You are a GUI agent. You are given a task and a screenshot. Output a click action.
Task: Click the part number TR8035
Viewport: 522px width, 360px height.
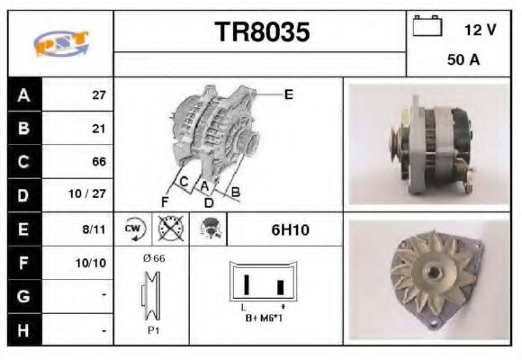(262, 33)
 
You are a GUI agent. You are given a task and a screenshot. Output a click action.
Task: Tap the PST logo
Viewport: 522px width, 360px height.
(60, 43)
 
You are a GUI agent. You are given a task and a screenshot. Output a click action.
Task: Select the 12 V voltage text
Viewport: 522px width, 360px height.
(480, 30)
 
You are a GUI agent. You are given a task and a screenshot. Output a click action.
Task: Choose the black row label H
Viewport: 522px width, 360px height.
(23, 330)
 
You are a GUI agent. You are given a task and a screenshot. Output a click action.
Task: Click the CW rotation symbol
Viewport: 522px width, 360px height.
(134, 229)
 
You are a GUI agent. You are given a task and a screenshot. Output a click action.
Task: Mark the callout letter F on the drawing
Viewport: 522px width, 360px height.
(165, 201)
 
